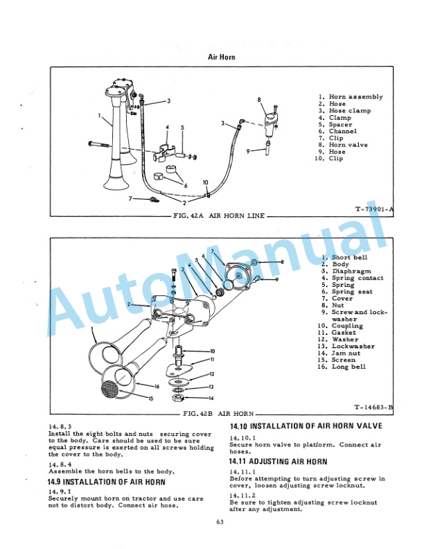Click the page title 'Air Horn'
click(x=222, y=56)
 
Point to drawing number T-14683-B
click(x=373, y=408)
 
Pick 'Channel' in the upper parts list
click(x=343, y=131)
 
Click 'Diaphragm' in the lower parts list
click(x=351, y=271)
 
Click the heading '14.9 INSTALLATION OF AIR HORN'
click(x=107, y=481)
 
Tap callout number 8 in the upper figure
click(x=259, y=100)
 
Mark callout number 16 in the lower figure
click(x=157, y=385)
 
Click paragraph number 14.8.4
click(x=60, y=464)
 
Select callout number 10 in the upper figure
click(x=205, y=182)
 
